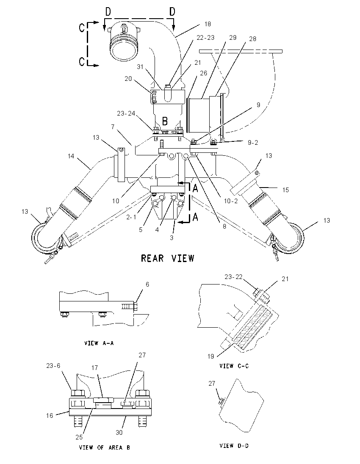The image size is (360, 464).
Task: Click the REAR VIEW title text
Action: (x=168, y=258)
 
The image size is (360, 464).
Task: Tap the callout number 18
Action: (x=208, y=24)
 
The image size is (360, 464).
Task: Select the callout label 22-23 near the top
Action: (x=205, y=38)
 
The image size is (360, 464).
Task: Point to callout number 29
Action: (x=233, y=38)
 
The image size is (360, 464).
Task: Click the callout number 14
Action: (x=71, y=156)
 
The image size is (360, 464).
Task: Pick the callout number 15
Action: (x=285, y=190)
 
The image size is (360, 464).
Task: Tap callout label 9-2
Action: (x=252, y=143)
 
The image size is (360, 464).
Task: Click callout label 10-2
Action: (x=231, y=201)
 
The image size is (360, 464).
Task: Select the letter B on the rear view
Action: (x=165, y=121)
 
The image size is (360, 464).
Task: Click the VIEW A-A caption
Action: (x=99, y=343)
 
